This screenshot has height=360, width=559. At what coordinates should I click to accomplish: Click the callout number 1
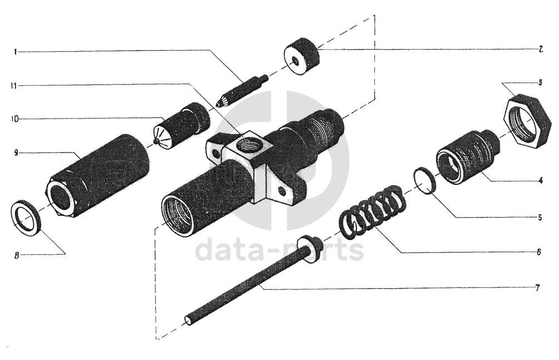pos(16,52)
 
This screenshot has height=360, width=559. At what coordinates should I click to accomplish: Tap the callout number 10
pos(15,119)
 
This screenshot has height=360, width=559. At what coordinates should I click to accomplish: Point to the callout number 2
pos(541,50)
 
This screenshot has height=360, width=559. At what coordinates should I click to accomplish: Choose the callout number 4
pos(541,181)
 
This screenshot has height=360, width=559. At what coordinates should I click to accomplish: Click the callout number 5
pos(540,218)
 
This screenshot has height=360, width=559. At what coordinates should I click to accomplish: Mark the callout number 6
pos(540,252)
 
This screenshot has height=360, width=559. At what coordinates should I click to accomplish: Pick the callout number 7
pos(538,288)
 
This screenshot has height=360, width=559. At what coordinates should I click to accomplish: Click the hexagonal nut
pos(528,120)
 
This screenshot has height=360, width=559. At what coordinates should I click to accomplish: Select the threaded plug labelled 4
pos(467,157)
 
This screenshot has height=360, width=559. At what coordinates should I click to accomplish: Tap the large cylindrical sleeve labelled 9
pos(96,177)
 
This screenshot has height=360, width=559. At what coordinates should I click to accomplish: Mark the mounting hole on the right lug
pos(283,193)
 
